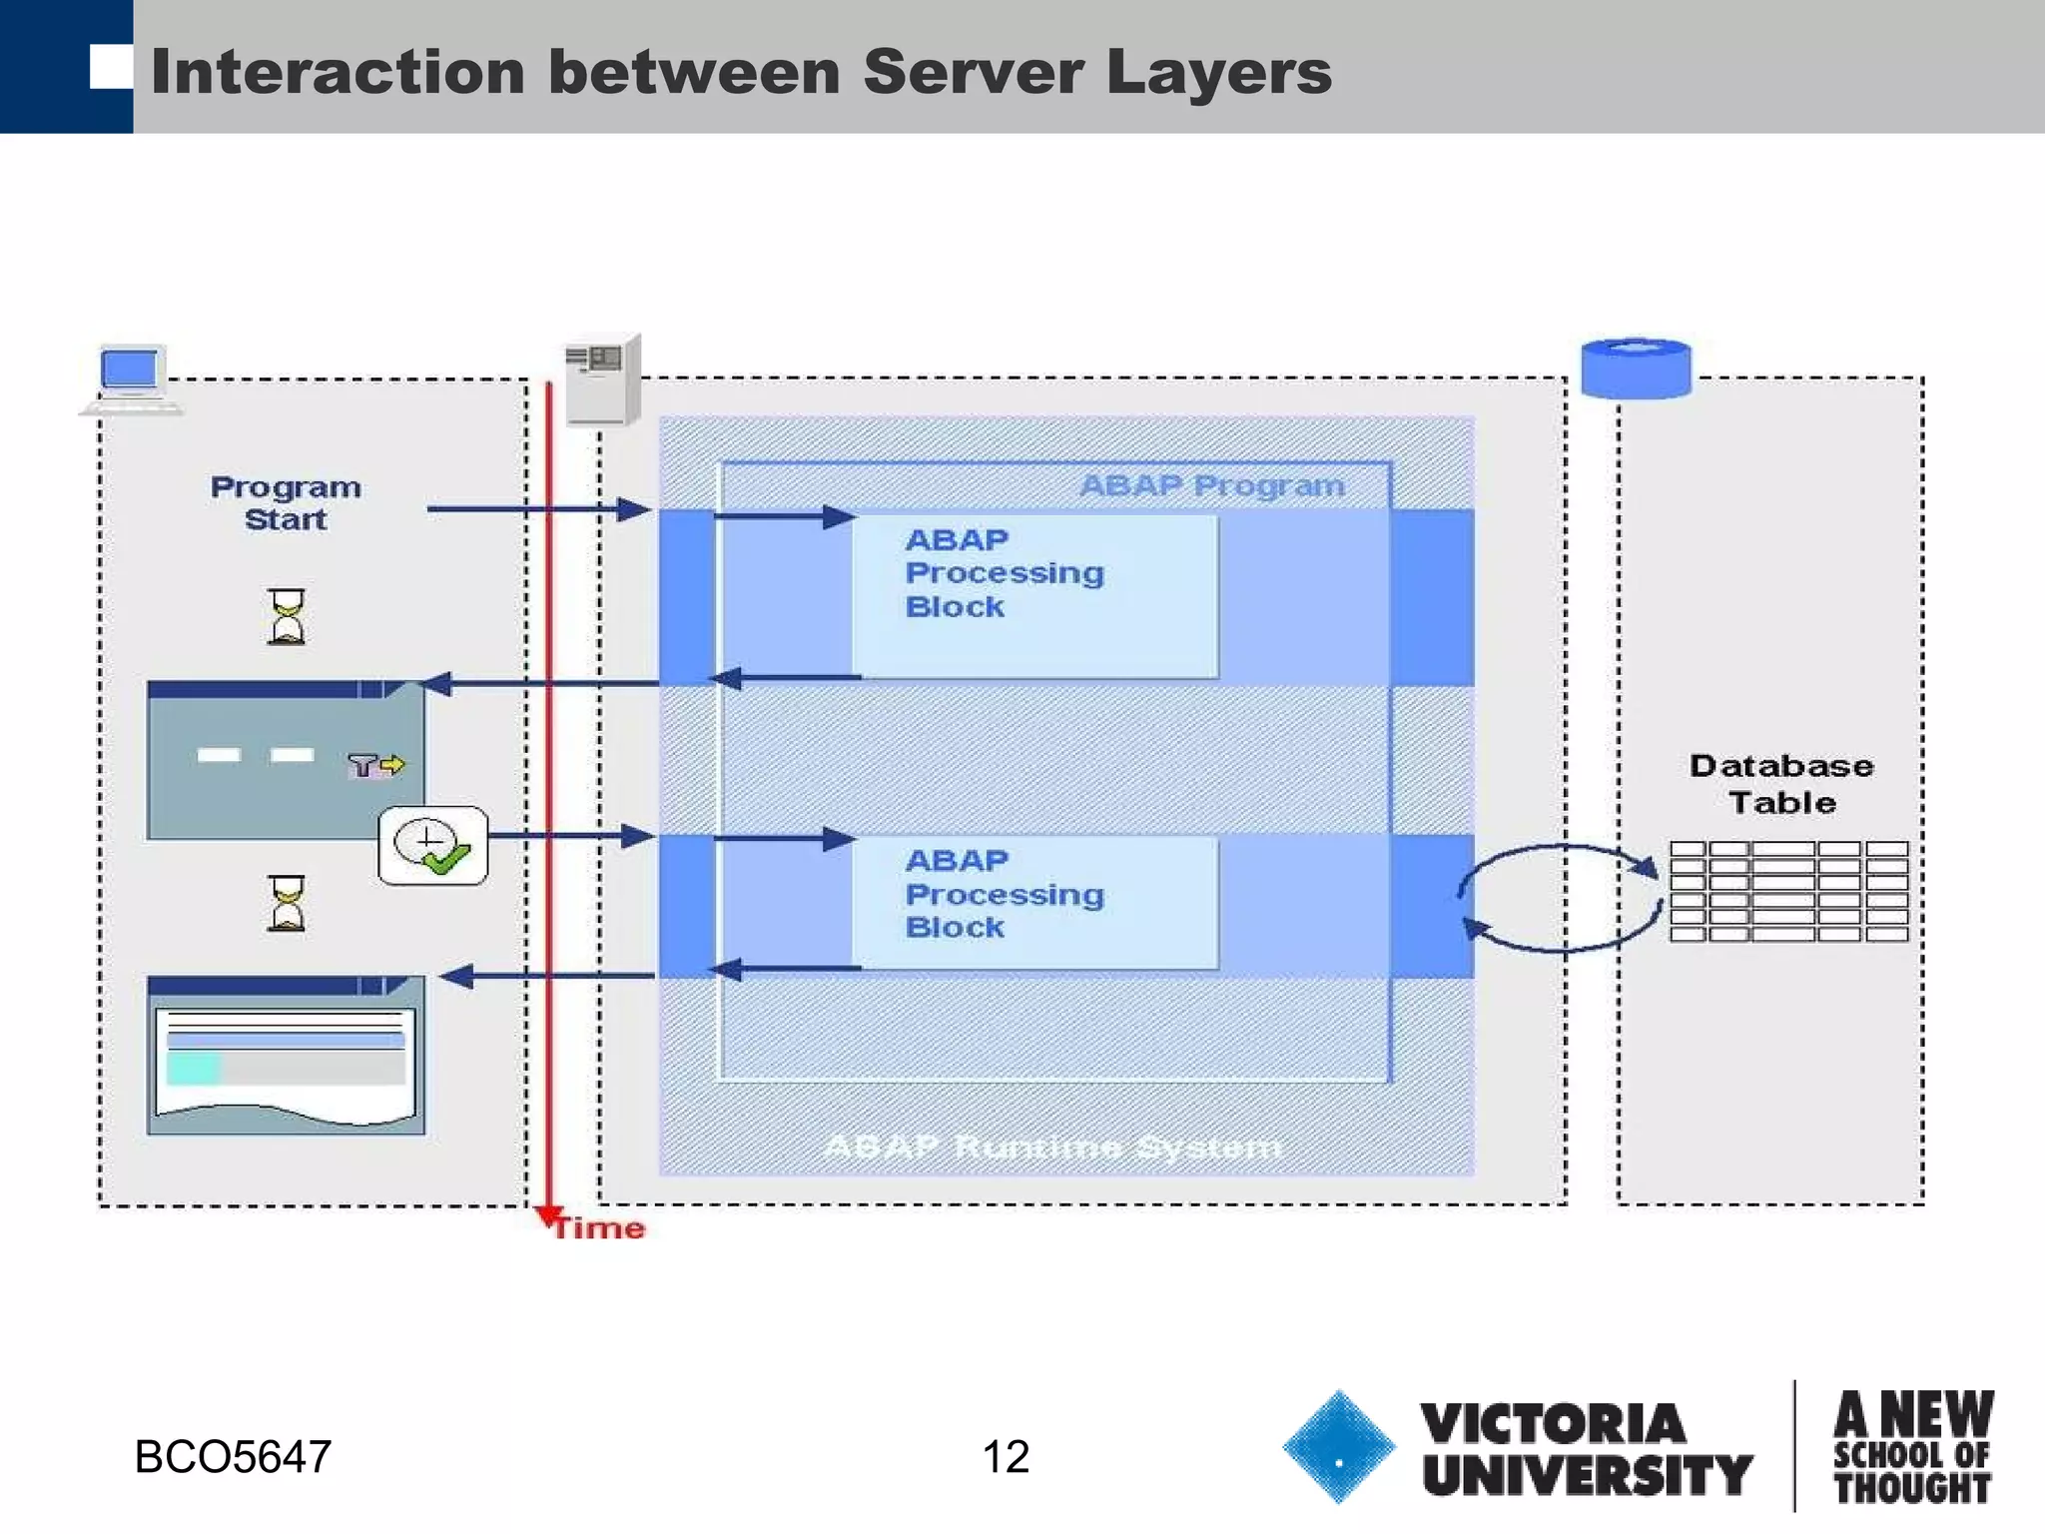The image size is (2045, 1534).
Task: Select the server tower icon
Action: click(x=602, y=381)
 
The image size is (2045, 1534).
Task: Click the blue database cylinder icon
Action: click(x=1636, y=369)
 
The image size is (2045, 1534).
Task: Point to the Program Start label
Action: click(x=286, y=503)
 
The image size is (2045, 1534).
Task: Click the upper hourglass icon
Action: click(x=287, y=616)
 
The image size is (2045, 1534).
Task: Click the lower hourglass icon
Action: click(x=287, y=904)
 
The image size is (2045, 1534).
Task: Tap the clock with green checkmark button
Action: click(x=432, y=846)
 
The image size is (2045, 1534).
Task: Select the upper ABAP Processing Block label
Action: click(x=1004, y=573)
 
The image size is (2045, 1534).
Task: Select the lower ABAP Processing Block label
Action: click(x=1004, y=894)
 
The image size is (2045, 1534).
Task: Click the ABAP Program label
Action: click(x=1212, y=486)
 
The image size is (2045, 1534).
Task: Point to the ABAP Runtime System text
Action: click(x=1052, y=1148)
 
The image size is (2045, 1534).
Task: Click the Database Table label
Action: click(x=1781, y=784)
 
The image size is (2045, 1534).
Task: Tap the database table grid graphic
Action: click(x=1787, y=892)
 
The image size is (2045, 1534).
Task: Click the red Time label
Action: click(x=599, y=1228)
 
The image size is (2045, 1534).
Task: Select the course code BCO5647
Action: click(x=233, y=1457)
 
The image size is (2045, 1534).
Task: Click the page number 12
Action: click(x=1005, y=1457)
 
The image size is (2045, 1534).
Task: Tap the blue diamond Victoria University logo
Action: click(x=1338, y=1447)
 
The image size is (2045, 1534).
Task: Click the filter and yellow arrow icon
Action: click(x=376, y=765)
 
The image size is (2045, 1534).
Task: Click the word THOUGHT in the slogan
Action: click(x=1911, y=1488)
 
